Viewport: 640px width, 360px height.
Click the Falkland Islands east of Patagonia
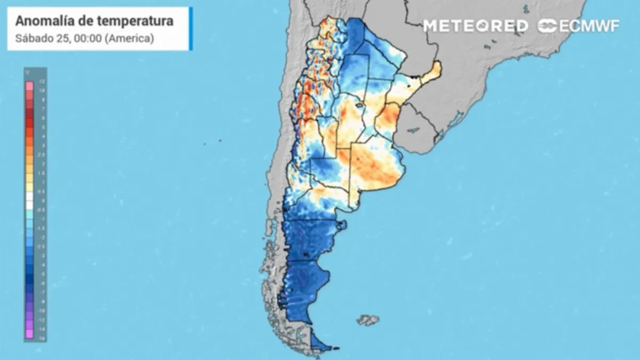pos(367,320)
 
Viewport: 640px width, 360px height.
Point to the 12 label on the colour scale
pos(42,81)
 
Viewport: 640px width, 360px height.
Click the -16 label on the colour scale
pos(42,338)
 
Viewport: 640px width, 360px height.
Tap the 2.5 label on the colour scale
pos(42,154)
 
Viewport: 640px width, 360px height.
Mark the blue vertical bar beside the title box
pos(190,29)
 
